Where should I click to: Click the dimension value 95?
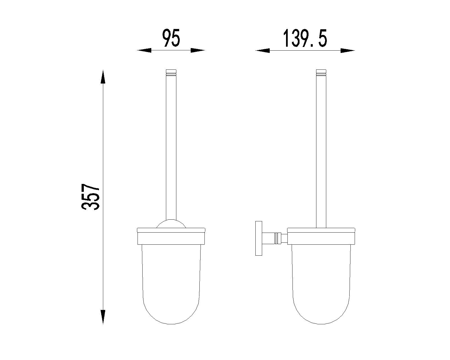point(171,38)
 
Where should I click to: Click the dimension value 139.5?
point(305,38)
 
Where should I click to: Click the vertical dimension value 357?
point(90,197)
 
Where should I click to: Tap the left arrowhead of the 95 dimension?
point(144,50)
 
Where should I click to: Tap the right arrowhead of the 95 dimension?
point(198,50)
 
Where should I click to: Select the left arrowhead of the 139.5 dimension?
point(262,50)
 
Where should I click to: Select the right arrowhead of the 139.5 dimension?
point(348,50)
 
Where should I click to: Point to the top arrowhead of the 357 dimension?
point(103,76)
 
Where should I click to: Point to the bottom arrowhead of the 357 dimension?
point(103,317)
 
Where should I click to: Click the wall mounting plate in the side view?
point(259,238)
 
